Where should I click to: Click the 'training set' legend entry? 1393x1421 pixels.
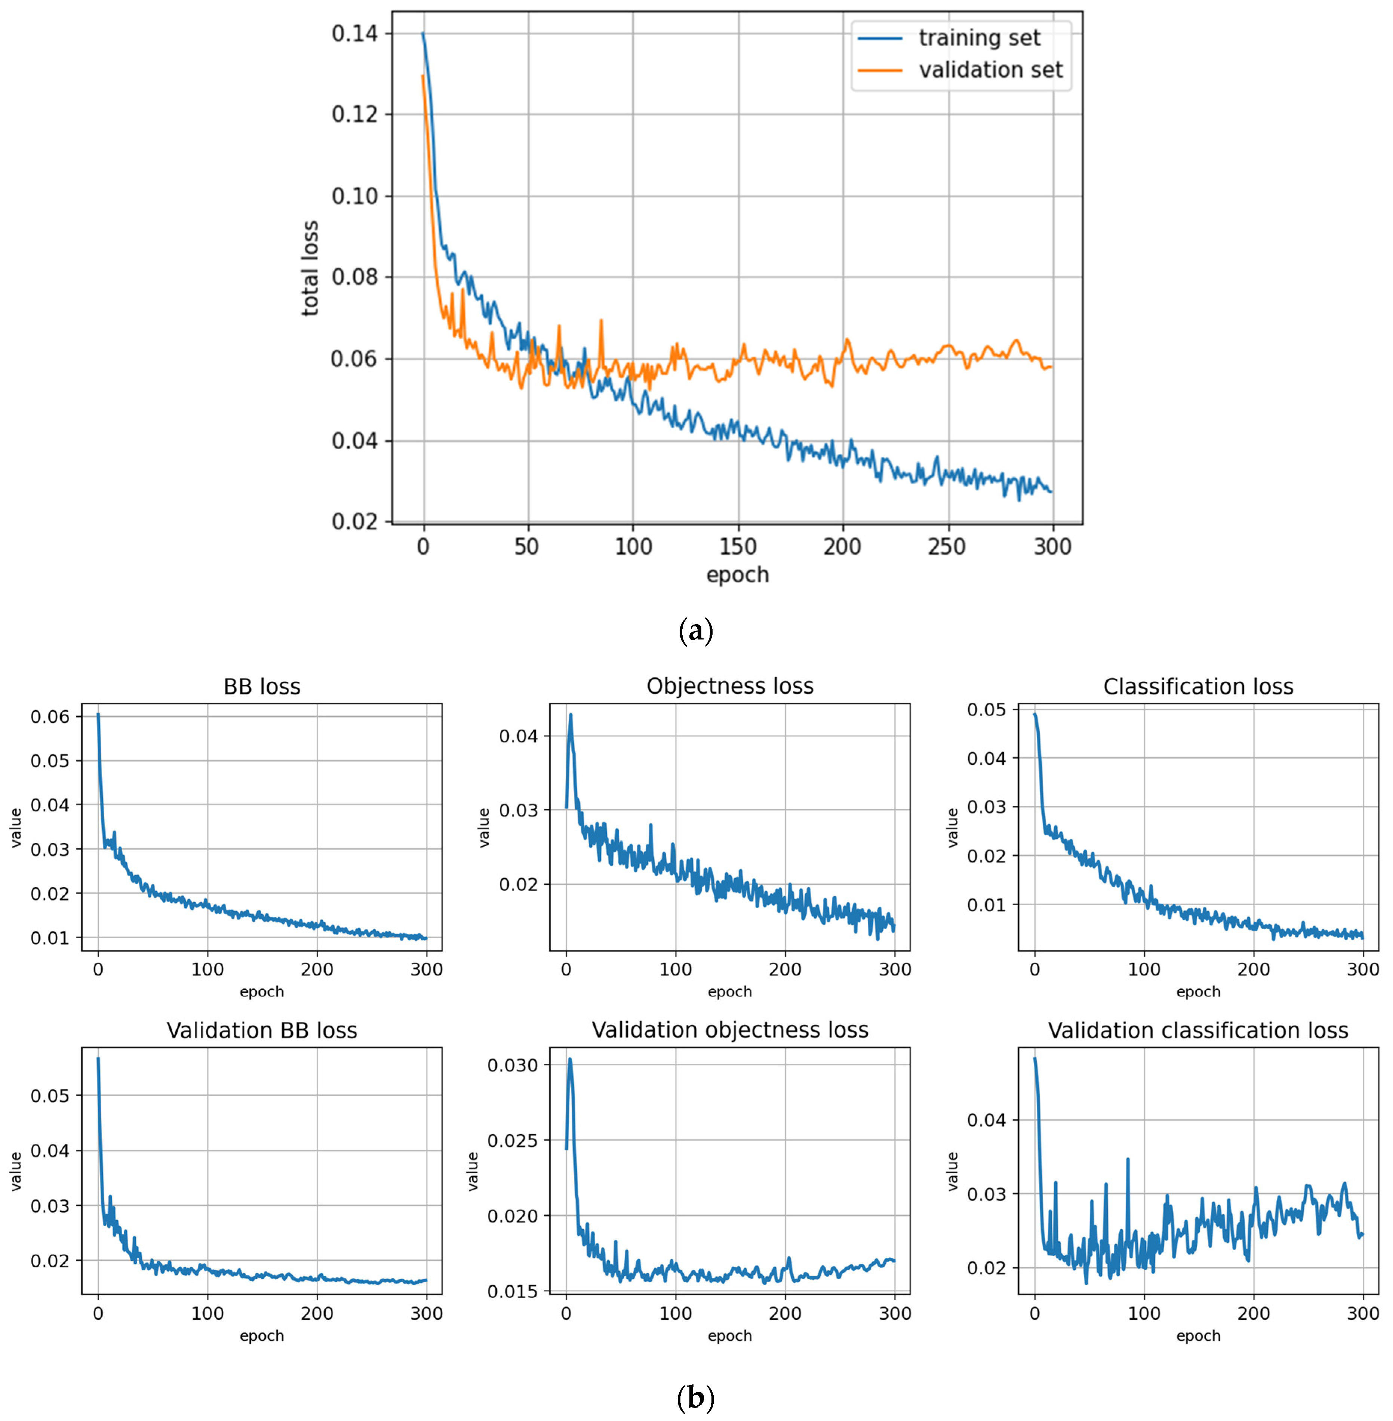click(979, 38)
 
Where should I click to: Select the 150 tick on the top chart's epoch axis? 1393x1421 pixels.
click(738, 546)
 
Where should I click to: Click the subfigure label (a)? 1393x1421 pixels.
click(696, 631)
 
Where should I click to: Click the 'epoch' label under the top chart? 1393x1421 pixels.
click(738, 575)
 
